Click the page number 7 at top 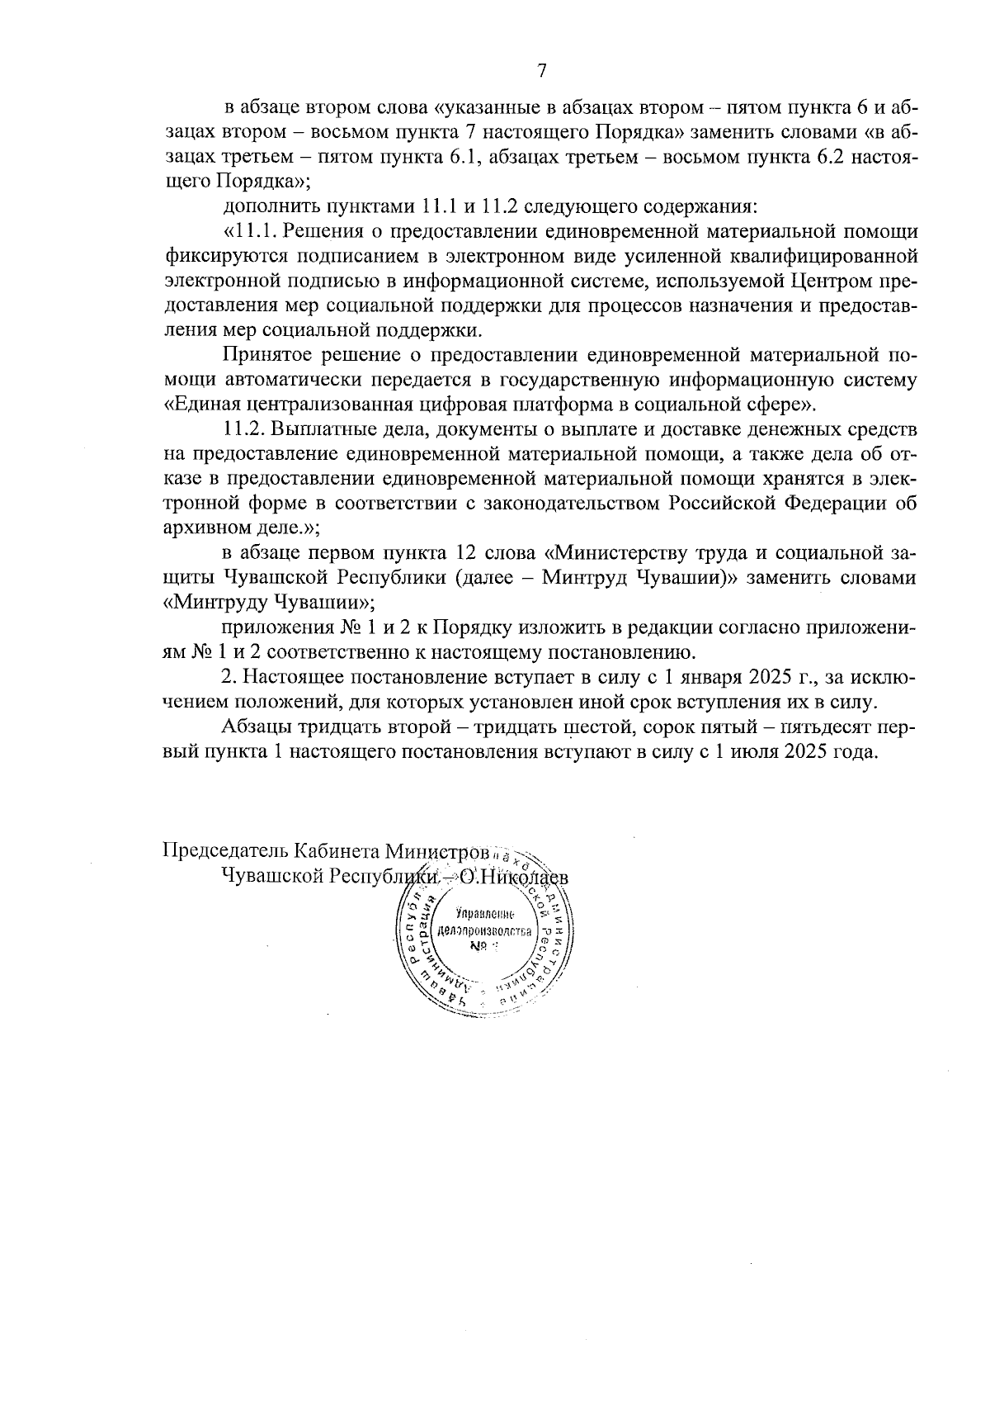[x=542, y=71]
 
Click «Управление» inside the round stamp [x=485, y=914]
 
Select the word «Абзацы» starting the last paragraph [x=252, y=728]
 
